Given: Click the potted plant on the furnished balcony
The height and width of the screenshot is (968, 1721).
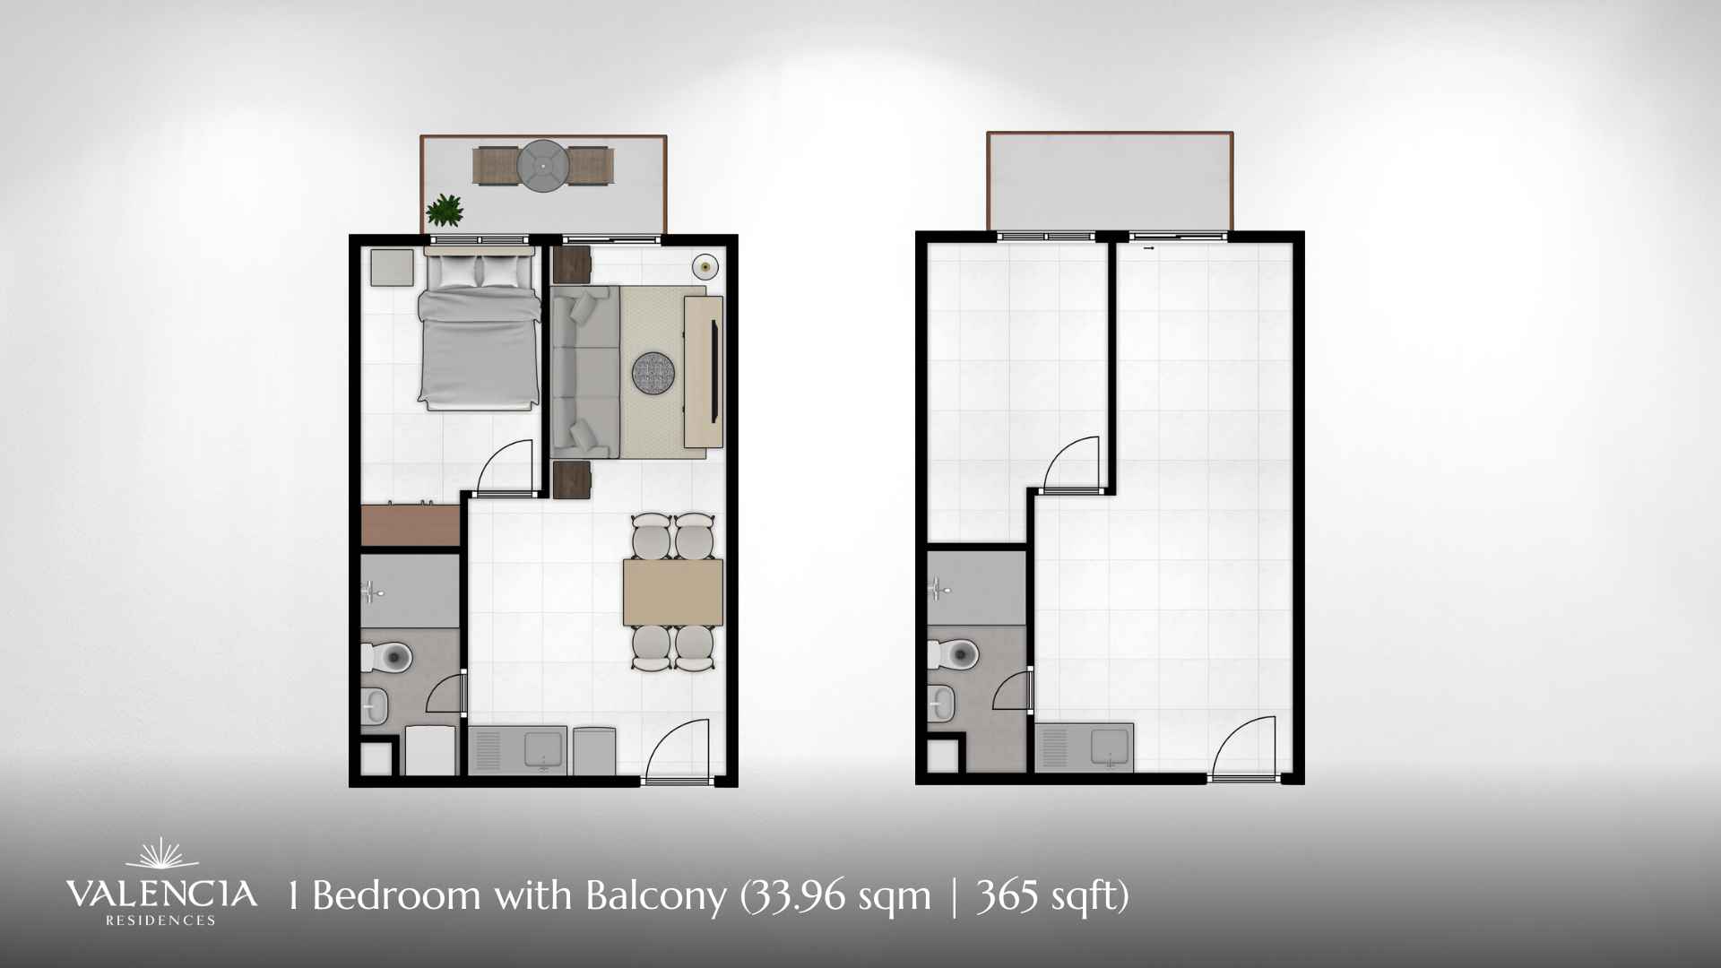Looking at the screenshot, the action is tap(445, 212).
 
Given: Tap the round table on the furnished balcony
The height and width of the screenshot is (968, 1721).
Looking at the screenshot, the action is tap(543, 167).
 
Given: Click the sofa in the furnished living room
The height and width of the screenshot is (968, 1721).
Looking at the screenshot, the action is tap(585, 372).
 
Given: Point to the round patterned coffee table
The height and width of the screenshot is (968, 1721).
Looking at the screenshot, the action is tap(653, 373).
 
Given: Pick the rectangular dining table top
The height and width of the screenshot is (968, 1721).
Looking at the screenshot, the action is tap(673, 592).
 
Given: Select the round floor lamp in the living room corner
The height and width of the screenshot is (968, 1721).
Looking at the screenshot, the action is tap(705, 266).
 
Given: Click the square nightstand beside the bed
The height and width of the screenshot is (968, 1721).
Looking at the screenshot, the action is tap(393, 268).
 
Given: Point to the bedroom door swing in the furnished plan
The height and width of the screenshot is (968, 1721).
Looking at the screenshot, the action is tap(505, 467).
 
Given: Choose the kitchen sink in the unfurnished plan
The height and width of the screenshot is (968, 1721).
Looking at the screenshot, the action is tap(1110, 748).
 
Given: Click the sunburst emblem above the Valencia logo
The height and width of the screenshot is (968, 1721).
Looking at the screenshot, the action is tap(161, 853).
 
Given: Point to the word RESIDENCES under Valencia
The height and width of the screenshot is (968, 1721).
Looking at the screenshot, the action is tap(161, 920).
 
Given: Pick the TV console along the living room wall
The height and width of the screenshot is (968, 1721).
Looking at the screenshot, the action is tap(704, 372).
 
